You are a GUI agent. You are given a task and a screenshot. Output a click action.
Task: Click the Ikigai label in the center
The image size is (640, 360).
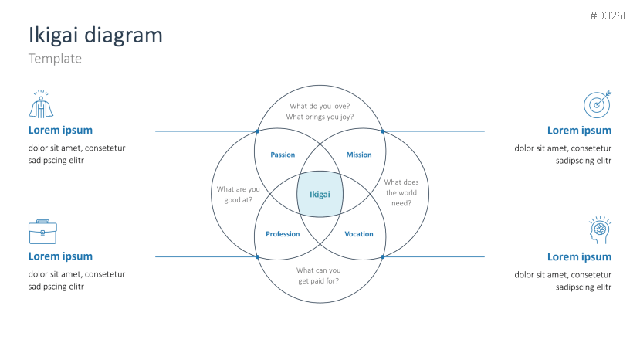320,195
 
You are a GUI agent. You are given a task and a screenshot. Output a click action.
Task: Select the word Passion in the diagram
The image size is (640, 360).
283,155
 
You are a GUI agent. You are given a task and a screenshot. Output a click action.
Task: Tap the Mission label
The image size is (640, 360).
359,155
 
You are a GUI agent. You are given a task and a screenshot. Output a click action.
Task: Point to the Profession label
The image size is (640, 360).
283,234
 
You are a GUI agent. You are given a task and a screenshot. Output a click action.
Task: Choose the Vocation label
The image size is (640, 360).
359,234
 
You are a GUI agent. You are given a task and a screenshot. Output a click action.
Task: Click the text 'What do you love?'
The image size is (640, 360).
320,107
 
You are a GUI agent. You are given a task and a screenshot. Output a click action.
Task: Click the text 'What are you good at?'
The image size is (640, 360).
238,195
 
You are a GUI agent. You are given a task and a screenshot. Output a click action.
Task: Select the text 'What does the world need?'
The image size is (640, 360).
401,193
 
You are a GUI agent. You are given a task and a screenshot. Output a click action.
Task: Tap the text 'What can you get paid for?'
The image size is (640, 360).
318,276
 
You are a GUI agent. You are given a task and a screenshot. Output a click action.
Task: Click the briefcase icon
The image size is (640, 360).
42,232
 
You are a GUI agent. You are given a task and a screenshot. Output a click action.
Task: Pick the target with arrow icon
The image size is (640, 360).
597,104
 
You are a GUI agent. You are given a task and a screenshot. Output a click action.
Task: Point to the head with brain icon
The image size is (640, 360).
600,230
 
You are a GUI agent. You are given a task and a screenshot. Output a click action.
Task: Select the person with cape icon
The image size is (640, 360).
41,104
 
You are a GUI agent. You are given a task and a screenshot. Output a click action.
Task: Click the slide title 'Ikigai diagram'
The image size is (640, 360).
96,35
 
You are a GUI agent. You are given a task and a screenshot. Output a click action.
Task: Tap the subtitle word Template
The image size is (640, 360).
55,59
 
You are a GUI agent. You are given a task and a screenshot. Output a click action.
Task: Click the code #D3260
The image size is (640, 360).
609,16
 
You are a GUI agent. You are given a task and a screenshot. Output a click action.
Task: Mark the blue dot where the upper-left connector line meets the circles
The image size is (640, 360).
257,131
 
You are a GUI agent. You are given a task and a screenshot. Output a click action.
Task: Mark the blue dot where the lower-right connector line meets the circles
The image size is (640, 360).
382,257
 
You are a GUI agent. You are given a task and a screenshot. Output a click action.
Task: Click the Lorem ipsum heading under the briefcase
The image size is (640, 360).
60,256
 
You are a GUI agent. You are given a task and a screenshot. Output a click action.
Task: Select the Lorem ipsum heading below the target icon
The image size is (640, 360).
579,131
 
